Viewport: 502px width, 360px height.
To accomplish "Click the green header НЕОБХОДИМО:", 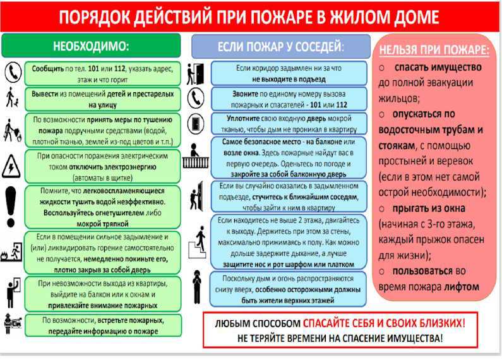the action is point(91,46).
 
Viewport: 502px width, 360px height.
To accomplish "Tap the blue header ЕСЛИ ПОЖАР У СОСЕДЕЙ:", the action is point(281,47).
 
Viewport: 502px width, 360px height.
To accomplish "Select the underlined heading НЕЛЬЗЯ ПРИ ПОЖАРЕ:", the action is point(434,50).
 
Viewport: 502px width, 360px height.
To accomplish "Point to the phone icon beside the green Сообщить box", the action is point(13,73).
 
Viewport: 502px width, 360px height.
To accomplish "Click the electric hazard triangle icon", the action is point(11,166).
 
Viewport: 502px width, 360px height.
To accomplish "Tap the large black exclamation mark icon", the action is point(11,207).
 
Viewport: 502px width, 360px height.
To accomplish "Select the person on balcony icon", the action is point(195,156).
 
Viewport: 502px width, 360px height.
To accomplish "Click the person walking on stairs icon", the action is point(198,242).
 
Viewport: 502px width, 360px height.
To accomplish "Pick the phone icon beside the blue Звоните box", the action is point(196,98).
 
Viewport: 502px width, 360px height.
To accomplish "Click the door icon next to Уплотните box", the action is point(196,123).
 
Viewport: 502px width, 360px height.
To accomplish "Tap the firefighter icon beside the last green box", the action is point(13,324).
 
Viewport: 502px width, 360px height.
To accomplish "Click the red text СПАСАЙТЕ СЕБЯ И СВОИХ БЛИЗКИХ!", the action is point(384,323).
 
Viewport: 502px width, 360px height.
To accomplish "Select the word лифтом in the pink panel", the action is point(462,287).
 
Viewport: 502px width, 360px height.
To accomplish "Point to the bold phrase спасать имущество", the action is point(438,67).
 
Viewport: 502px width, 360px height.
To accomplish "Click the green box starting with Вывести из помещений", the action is point(102,99).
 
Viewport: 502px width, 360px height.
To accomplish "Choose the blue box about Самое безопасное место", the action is point(289,158).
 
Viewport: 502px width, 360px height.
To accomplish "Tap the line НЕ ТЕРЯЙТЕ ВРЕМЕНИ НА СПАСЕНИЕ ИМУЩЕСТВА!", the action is point(340,339).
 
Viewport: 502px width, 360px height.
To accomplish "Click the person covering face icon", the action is point(197,287).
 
